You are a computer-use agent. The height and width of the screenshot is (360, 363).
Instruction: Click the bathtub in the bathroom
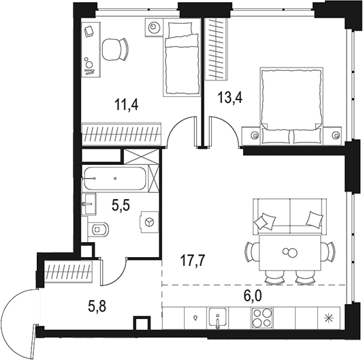[x=114, y=179]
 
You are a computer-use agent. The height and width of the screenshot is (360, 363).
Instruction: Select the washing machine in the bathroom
[x=148, y=223]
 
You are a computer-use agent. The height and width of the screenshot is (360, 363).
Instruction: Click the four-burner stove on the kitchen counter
[x=262, y=317]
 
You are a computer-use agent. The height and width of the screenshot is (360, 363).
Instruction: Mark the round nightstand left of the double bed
[x=255, y=135]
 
